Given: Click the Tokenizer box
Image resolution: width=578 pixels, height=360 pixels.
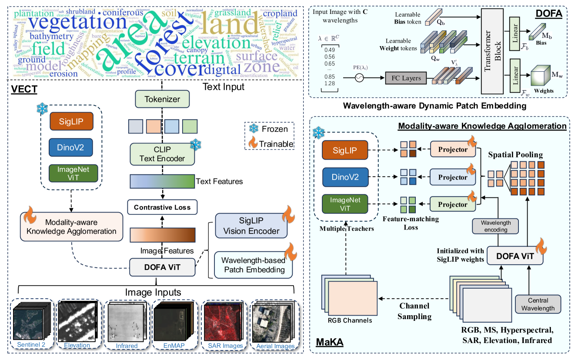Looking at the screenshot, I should [x=162, y=100].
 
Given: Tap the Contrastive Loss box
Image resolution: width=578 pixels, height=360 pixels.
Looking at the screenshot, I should [x=162, y=207].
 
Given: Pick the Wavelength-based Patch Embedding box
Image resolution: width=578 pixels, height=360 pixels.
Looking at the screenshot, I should [x=253, y=265].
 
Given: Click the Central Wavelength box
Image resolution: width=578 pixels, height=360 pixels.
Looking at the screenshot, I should [x=538, y=304].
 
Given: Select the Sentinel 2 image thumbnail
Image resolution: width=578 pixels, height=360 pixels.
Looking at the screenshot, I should [x=32, y=321].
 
